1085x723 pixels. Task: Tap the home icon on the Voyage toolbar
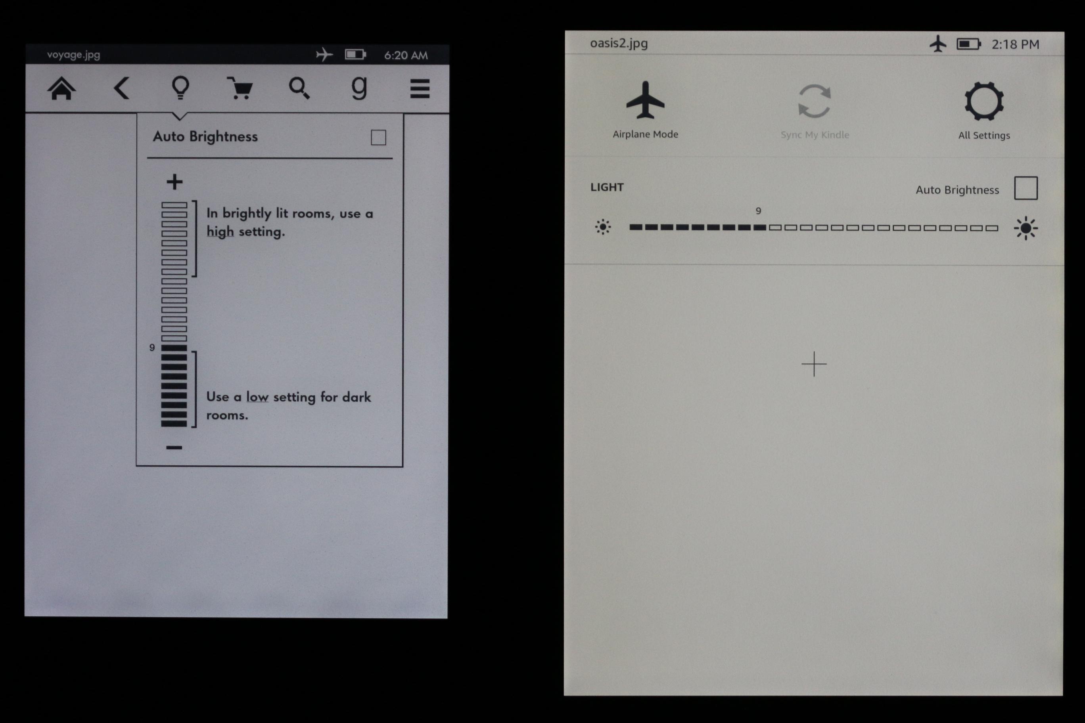tap(61, 88)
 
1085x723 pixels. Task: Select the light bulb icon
tap(180, 88)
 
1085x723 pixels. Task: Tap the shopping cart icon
tap(240, 88)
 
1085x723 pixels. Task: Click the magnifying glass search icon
tap(299, 88)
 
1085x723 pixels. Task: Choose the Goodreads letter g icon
tap(359, 88)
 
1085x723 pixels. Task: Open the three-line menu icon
tap(420, 88)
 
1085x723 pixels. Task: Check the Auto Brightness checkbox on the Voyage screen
tap(378, 138)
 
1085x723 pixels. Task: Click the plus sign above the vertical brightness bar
tap(174, 182)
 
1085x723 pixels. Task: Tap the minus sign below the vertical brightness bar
tap(174, 447)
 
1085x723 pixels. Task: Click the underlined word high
tap(220, 231)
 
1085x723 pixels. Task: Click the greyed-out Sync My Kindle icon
tap(814, 101)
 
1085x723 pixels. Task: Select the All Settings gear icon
tap(984, 101)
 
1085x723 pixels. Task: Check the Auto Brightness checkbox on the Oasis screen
tap(1026, 188)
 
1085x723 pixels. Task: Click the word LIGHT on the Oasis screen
tap(607, 187)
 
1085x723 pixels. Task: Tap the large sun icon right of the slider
tap(1026, 228)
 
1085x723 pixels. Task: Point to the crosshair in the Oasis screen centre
tap(814, 364)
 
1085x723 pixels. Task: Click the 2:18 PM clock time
tap(1015, 44)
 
